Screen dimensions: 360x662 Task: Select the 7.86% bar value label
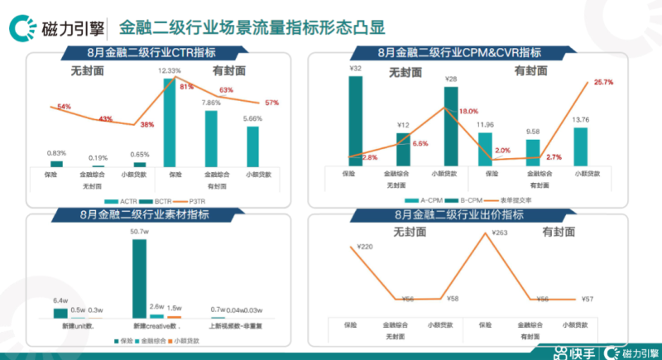pos(212,103)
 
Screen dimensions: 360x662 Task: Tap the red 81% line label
pos(186,86)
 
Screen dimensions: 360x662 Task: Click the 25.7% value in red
pos(603,82)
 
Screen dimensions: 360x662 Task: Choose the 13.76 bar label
pos(580,119)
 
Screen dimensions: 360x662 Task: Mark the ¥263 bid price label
pos(497,233)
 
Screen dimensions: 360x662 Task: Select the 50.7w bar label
pos(139,233)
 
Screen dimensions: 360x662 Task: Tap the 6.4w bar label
pos(60,300)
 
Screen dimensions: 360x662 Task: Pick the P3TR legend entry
pos(194,201)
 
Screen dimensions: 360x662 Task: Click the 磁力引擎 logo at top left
pos(51,28)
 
